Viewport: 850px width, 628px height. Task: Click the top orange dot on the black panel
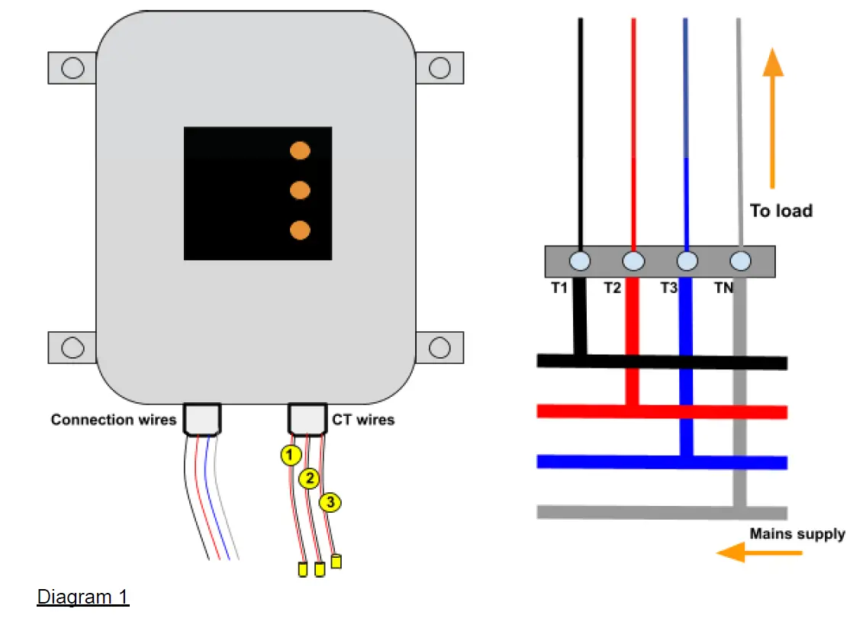coord(300,150)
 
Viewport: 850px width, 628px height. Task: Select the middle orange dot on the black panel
coord(300,189)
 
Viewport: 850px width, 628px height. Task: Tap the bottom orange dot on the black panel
coord(300,229)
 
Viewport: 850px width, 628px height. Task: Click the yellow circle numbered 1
coord(289,456)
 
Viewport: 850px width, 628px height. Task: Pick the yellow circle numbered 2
coord(308,478)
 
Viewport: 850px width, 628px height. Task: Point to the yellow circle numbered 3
coord(329,502)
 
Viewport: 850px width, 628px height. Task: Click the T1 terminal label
coord(559,288)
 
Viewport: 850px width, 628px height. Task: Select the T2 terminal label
coord(613,288)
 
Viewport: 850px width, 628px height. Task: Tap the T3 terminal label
coord(668,288)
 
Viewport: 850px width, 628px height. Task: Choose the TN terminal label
coord(723,288)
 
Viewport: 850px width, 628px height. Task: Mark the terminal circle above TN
coord(740,261)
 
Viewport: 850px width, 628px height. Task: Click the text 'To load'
coord(781,211)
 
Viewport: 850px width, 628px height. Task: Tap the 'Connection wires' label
coord(114,420)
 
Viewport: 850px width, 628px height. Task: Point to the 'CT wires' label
coord(363,420)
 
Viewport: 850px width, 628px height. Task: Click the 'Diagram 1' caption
coord(83,597)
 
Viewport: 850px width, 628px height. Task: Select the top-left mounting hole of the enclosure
coord(72,68)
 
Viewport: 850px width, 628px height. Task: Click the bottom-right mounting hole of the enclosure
coord(439,348)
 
